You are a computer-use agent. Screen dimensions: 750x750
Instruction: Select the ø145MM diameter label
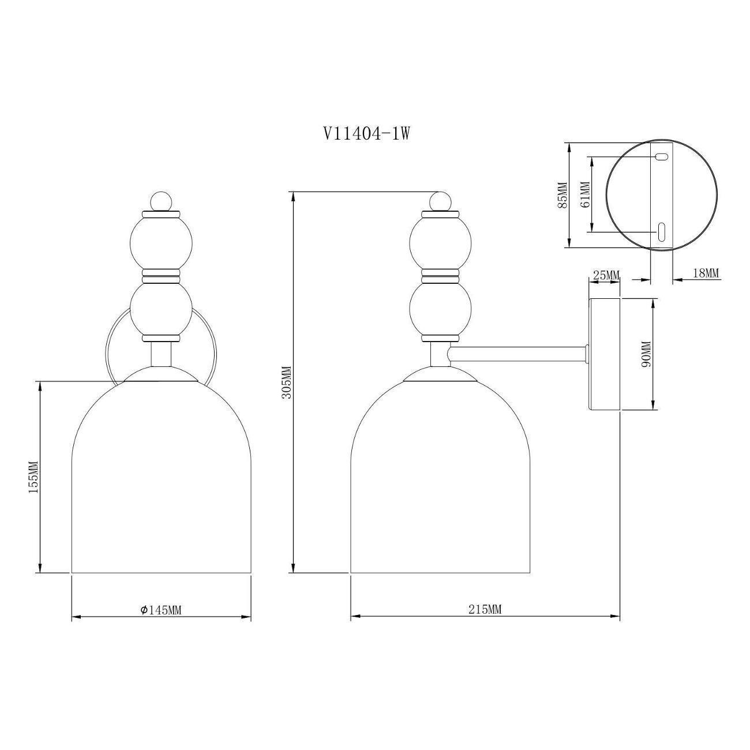coord(161,610)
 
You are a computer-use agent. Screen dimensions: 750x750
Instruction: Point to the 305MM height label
coord(287,382)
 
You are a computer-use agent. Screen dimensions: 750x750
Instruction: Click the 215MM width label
coord(485,609)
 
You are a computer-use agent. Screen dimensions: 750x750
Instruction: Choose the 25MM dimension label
coord(605,275)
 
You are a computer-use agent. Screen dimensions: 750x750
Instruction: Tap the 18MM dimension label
coord(705,273)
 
